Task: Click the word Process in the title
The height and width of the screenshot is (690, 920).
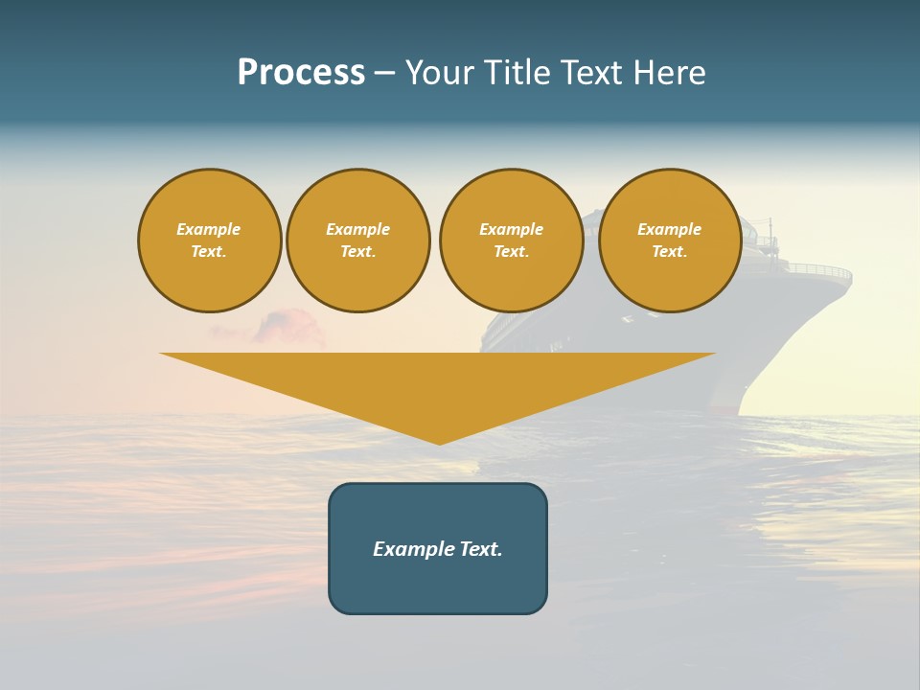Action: click(x=301, y=73)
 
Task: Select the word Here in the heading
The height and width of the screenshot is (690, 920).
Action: click(x=669, y=73)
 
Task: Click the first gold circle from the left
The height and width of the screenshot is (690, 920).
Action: click(x=209, y=241)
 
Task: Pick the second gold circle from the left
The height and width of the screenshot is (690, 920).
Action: click(x=358, y=241)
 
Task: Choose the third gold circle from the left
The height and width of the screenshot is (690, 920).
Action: click(x=511, y=241)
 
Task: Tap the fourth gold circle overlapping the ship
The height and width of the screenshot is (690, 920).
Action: click(x=670, y=241)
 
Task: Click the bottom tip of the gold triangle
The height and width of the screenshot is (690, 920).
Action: click(x=439, y=442)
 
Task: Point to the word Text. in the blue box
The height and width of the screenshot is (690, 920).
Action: click(x=481, y=549)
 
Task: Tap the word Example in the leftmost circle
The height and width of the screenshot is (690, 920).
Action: click(x=209, y=229)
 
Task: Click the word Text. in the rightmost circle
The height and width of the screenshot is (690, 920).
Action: click(x=670, y=252)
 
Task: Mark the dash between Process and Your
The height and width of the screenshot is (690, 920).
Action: click(x=384, y=73)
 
